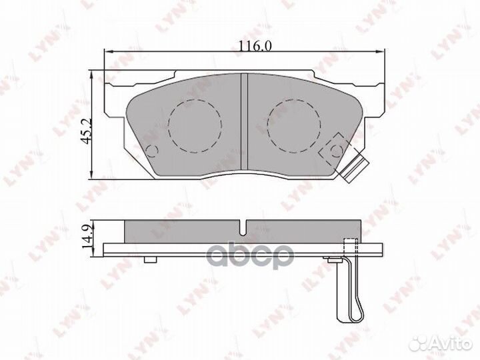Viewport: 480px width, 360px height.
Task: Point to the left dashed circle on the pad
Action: (x=195, y=125)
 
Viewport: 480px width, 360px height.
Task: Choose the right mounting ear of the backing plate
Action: (x=375, y=100)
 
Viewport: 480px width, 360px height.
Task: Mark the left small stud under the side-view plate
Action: (x=151, y=259)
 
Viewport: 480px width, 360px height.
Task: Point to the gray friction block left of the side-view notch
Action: (x=183, y=231)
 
